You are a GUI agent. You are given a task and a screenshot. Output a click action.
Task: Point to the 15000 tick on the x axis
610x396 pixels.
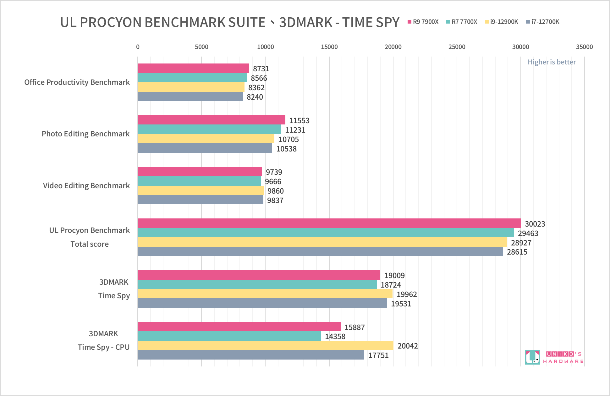[329, 47]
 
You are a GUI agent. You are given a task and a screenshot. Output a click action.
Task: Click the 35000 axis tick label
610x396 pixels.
[584, 47]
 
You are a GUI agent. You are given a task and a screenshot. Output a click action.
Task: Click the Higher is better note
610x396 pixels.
[552, 62]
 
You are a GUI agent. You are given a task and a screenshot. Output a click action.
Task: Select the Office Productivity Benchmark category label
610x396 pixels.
[77, 82]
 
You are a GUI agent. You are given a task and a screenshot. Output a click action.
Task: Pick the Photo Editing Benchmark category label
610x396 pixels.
[85, 134]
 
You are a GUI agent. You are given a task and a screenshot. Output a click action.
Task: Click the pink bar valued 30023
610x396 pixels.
[329, 223]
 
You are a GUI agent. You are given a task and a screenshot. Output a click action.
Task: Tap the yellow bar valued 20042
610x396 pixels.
[265, 345]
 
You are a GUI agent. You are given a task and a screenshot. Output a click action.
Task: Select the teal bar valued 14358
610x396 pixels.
[229, 336]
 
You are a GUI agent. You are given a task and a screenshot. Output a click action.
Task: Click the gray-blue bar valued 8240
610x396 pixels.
[190, 96]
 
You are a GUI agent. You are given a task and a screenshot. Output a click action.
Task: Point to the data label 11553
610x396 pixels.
[299, 120]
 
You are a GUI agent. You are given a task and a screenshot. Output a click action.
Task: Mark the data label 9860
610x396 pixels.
[275, 191]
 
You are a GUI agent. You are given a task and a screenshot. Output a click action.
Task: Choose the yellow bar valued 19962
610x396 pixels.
[265, 294]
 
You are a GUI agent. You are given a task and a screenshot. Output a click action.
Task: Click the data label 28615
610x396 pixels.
[517, 252]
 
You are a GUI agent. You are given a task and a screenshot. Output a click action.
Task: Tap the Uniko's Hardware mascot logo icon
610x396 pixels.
[532, 357]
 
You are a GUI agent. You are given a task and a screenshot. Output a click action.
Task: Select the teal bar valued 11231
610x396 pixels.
[209, 129]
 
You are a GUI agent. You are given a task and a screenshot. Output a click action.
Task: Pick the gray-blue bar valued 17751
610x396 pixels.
[251, 355]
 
